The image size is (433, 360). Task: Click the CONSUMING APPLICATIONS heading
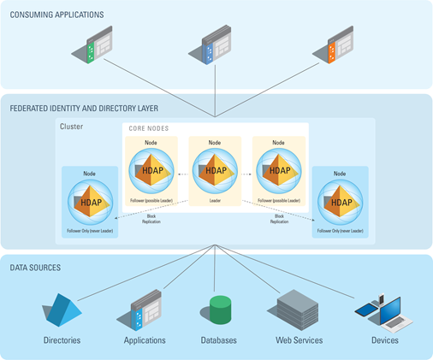pos(56,15)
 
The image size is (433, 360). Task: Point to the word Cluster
pos(72,127)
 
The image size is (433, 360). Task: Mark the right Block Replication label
pos(278,218)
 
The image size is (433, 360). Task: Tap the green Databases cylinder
pos(221,310)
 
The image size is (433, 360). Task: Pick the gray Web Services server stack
pos(295,308)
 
